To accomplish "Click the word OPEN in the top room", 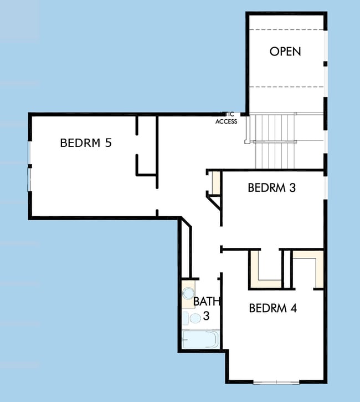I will (285, 52).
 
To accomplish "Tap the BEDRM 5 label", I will (86, 143).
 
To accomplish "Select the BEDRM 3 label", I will (271, 187).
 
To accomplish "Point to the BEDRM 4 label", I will (272, 308).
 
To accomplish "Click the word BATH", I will (207, 302).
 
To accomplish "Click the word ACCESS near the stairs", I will (226, 121).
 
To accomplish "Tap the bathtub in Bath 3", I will (200, 339).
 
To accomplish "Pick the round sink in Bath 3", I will (188, 293).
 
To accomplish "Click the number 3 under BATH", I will (206, 316).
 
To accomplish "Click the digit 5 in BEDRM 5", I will (108, 143).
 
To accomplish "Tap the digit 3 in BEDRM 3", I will (292, 187).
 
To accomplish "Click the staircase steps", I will (274, 141).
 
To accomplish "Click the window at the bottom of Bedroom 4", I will (276, 381).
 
